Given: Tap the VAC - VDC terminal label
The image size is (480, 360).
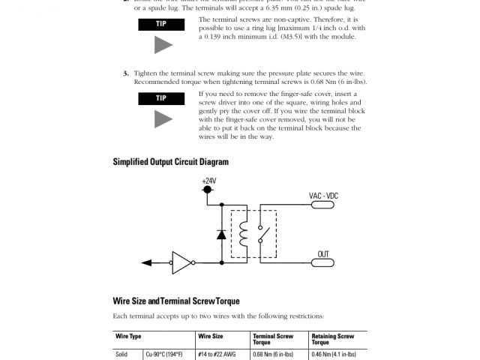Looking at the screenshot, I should point(324,196).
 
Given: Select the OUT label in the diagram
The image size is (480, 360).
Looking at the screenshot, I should point(324,254).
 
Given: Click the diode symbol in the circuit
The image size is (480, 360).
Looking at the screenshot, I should point(222,234).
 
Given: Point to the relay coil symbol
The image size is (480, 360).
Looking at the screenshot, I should point(244,233).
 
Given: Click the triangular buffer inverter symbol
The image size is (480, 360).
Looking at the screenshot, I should point(182,262).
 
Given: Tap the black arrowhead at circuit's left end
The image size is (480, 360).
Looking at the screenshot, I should point(148,262).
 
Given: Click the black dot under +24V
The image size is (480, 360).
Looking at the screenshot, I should point(208,190).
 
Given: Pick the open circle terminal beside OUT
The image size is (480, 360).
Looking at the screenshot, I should point(336,262).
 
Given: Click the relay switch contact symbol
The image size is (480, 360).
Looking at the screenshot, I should point(261,233).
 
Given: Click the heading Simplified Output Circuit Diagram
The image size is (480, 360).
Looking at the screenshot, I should point(170,161).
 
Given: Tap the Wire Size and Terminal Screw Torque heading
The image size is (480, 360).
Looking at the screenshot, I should point(175,301).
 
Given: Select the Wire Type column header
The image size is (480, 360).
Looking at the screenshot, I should point(128,337).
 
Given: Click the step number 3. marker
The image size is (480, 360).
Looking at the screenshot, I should point(126,73).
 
